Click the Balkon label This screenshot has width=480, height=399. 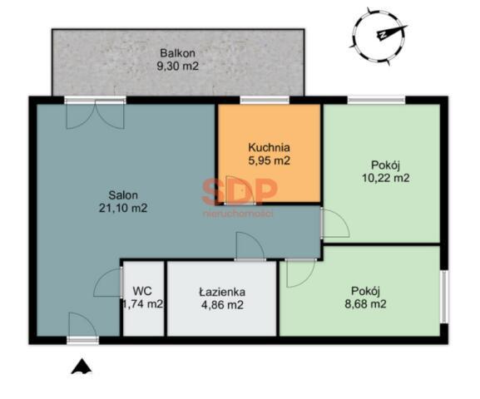pos(177,53)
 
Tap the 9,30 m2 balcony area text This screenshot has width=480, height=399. pos(177,66)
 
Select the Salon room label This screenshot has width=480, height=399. pos(123,195)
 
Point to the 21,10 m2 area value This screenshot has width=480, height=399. pos(123,208)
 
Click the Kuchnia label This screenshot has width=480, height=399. pos(269,147)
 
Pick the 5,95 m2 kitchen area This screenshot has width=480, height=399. pos(269,160)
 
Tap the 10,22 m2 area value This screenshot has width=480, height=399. pos(385,178)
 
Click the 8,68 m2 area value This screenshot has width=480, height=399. pos(365,304)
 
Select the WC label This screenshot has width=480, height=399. pos(142,291)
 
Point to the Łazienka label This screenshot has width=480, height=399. pos(222,292)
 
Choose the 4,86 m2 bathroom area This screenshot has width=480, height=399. pos(222,305)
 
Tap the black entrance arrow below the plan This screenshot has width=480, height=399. pos(82,366)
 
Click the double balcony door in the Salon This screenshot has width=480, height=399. pos(95,115)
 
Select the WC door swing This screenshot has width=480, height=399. pos(108,283)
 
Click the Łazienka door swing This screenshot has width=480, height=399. pos(250,246)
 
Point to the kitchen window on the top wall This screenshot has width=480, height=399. pos(265,100)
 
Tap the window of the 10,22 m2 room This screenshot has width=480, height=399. pos(376,100)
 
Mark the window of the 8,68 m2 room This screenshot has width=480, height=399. pos(444,297)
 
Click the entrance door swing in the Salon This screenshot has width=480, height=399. pos(82,325)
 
